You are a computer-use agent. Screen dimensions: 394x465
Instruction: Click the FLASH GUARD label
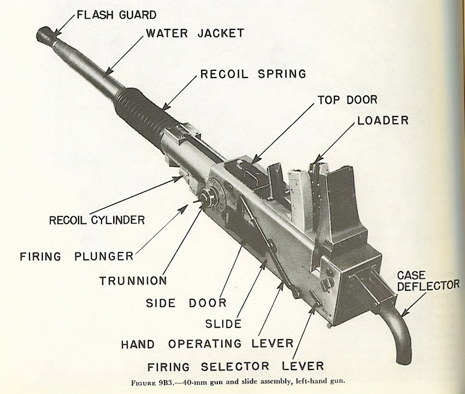[116, 15]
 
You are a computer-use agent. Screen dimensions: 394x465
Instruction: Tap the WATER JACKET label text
[195, 33]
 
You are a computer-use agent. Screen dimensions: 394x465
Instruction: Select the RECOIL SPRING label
[253, 74]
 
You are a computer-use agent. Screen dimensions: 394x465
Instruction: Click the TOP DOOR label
[347, 100]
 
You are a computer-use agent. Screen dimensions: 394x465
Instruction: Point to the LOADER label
[383, 120]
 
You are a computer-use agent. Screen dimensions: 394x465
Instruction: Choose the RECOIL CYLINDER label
[97, 220]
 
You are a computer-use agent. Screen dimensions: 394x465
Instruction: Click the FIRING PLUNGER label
[77, 256]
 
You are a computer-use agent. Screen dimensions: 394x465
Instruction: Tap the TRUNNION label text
[133, 281]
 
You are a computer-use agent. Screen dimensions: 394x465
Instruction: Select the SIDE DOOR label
[186, 303]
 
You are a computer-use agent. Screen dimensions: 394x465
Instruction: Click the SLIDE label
[223, 323]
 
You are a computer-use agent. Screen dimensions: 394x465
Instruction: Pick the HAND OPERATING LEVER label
[207, 343]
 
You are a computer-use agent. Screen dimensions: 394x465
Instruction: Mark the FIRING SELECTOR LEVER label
[235, 366]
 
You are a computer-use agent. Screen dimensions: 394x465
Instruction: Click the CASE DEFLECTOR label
[428, 281]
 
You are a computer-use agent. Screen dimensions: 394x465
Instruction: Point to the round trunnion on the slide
[211, 198]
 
